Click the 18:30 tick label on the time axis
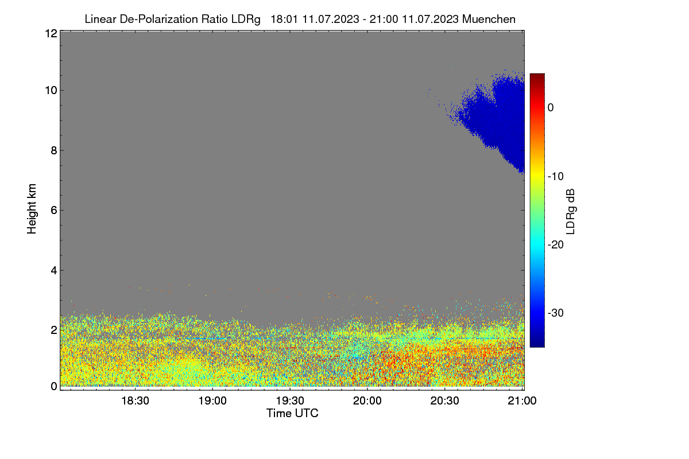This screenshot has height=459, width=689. pos(135,401)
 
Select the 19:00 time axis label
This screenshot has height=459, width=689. pos(212,401)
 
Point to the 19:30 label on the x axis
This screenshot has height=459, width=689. pos(290,401)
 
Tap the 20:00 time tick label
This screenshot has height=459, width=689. pos(367,401)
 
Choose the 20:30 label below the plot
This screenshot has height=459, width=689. pos(444,401)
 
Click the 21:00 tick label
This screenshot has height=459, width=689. pos(522,401)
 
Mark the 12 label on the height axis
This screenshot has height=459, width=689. pos(51,33)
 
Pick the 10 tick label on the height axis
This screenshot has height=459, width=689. pos(51,91)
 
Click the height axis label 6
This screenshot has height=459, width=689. pos(54,211)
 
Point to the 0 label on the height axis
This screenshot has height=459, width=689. pos(54,387)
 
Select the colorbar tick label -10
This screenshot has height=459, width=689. pos(556,177)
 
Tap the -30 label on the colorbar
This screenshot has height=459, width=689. pos(556,313)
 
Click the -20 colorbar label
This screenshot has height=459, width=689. pos(556,245)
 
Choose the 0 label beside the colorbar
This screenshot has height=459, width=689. pos(551,108)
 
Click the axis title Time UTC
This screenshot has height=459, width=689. pos(292,414)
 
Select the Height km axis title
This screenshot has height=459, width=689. pos(32,209)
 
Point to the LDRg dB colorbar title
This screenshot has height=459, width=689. pos(570,212)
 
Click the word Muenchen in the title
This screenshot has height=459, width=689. pos(489,20)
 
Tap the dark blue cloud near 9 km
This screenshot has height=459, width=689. pos(498,120)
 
